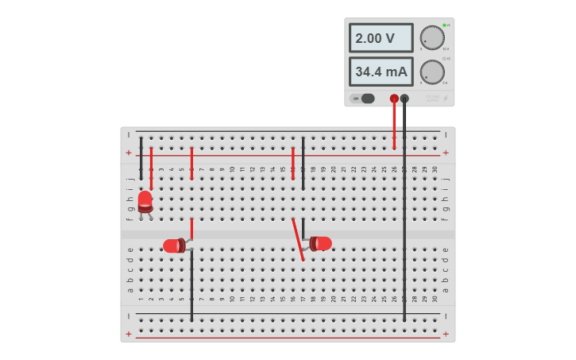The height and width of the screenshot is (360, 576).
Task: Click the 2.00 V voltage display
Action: pyautogui.click(x=381, y=38)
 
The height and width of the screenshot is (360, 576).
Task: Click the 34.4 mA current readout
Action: pyautogui.click(x=381, y=72)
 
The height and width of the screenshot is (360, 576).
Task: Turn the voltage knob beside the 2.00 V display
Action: pyautogui.click(x=431, y=37)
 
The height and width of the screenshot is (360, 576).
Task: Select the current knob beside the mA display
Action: pyautogui.click(x=431, y=72)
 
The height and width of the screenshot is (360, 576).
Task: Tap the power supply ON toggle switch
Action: pyautogui.click(x=366, y=99)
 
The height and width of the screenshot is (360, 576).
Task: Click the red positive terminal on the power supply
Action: pyautogui.click(x=394, y=99)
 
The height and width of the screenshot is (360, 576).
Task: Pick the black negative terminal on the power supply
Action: pyautogui.click(x=404, y=99)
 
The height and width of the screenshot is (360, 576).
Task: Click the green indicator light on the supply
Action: pyautogui.click(x=444, y=25)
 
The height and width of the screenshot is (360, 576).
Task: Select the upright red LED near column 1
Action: pyautogui.click(x=145, y=200)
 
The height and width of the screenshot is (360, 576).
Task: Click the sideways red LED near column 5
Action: pyautogui.click(x=174, y=246)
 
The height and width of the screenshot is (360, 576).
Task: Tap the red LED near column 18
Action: pyautogui.click(x=322, y=243)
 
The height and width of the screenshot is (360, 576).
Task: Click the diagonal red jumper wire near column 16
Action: pyautogui.click(x=298, y=238)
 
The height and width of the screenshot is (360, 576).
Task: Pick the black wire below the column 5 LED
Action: pyautogui.click(x=191, y=286)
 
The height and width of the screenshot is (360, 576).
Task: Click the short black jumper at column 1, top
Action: pyautogui.click(x=141, y=157)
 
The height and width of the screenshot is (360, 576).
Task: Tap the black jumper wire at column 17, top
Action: pyautogui.click(x=303, y=163)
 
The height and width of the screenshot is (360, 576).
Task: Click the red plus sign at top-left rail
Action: pyautogui.click(x=129, y=153)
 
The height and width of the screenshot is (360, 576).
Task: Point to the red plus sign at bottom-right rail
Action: pyautogui.click(x=445, y=335)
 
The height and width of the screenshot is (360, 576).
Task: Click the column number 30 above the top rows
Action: pyautogui.click(x=435, y=169)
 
